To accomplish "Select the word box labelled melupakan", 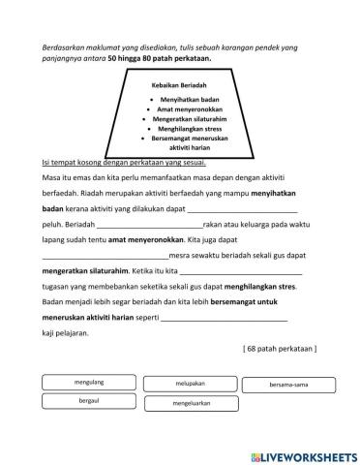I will pyautogui.click(x=190, y=383).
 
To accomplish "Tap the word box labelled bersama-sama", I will pyautogui.click(x=285, y=384).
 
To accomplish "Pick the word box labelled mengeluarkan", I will pyautogui.click(x=190, y=400).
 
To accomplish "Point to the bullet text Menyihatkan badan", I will pyautogui.click(x=187, y=101).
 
